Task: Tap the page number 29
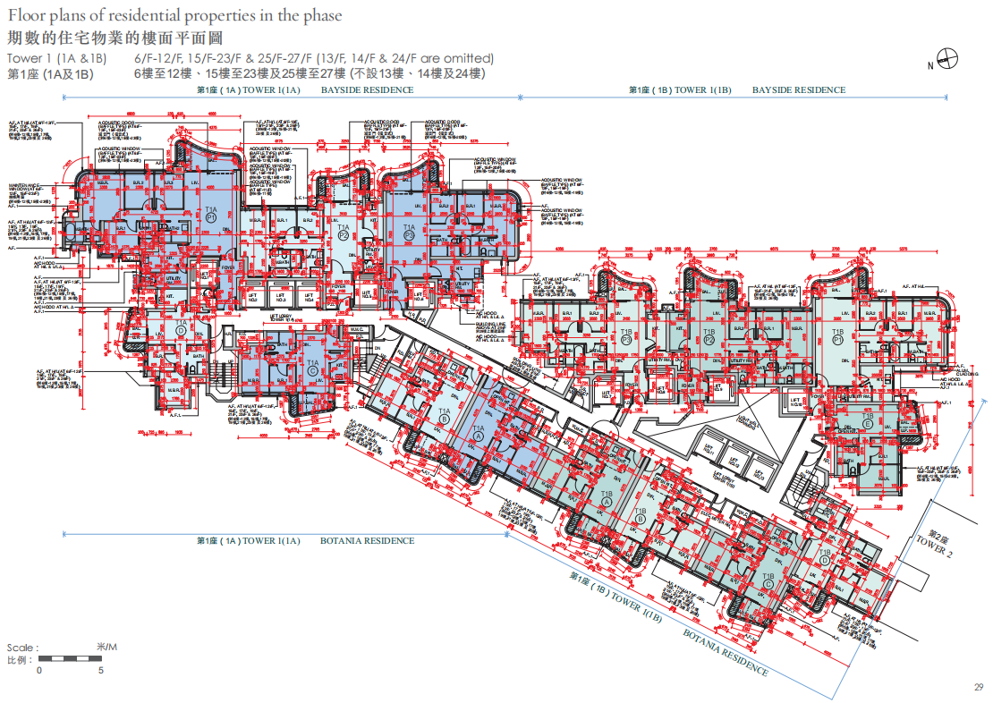point(978,687)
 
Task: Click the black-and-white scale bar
point(70,659)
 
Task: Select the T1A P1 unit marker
point(211,213)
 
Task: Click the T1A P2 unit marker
point(344,233)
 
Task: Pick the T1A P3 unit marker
point(409,233)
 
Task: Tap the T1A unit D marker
point(182,326)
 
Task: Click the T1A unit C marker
point(312,366)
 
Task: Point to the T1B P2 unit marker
point(709,336)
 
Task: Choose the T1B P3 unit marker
point(626,336)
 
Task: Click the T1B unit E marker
point(867,422)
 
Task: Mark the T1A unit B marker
point(445,417)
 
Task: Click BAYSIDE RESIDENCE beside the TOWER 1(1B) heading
point(798,90)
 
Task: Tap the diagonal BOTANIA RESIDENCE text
point(726,651)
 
